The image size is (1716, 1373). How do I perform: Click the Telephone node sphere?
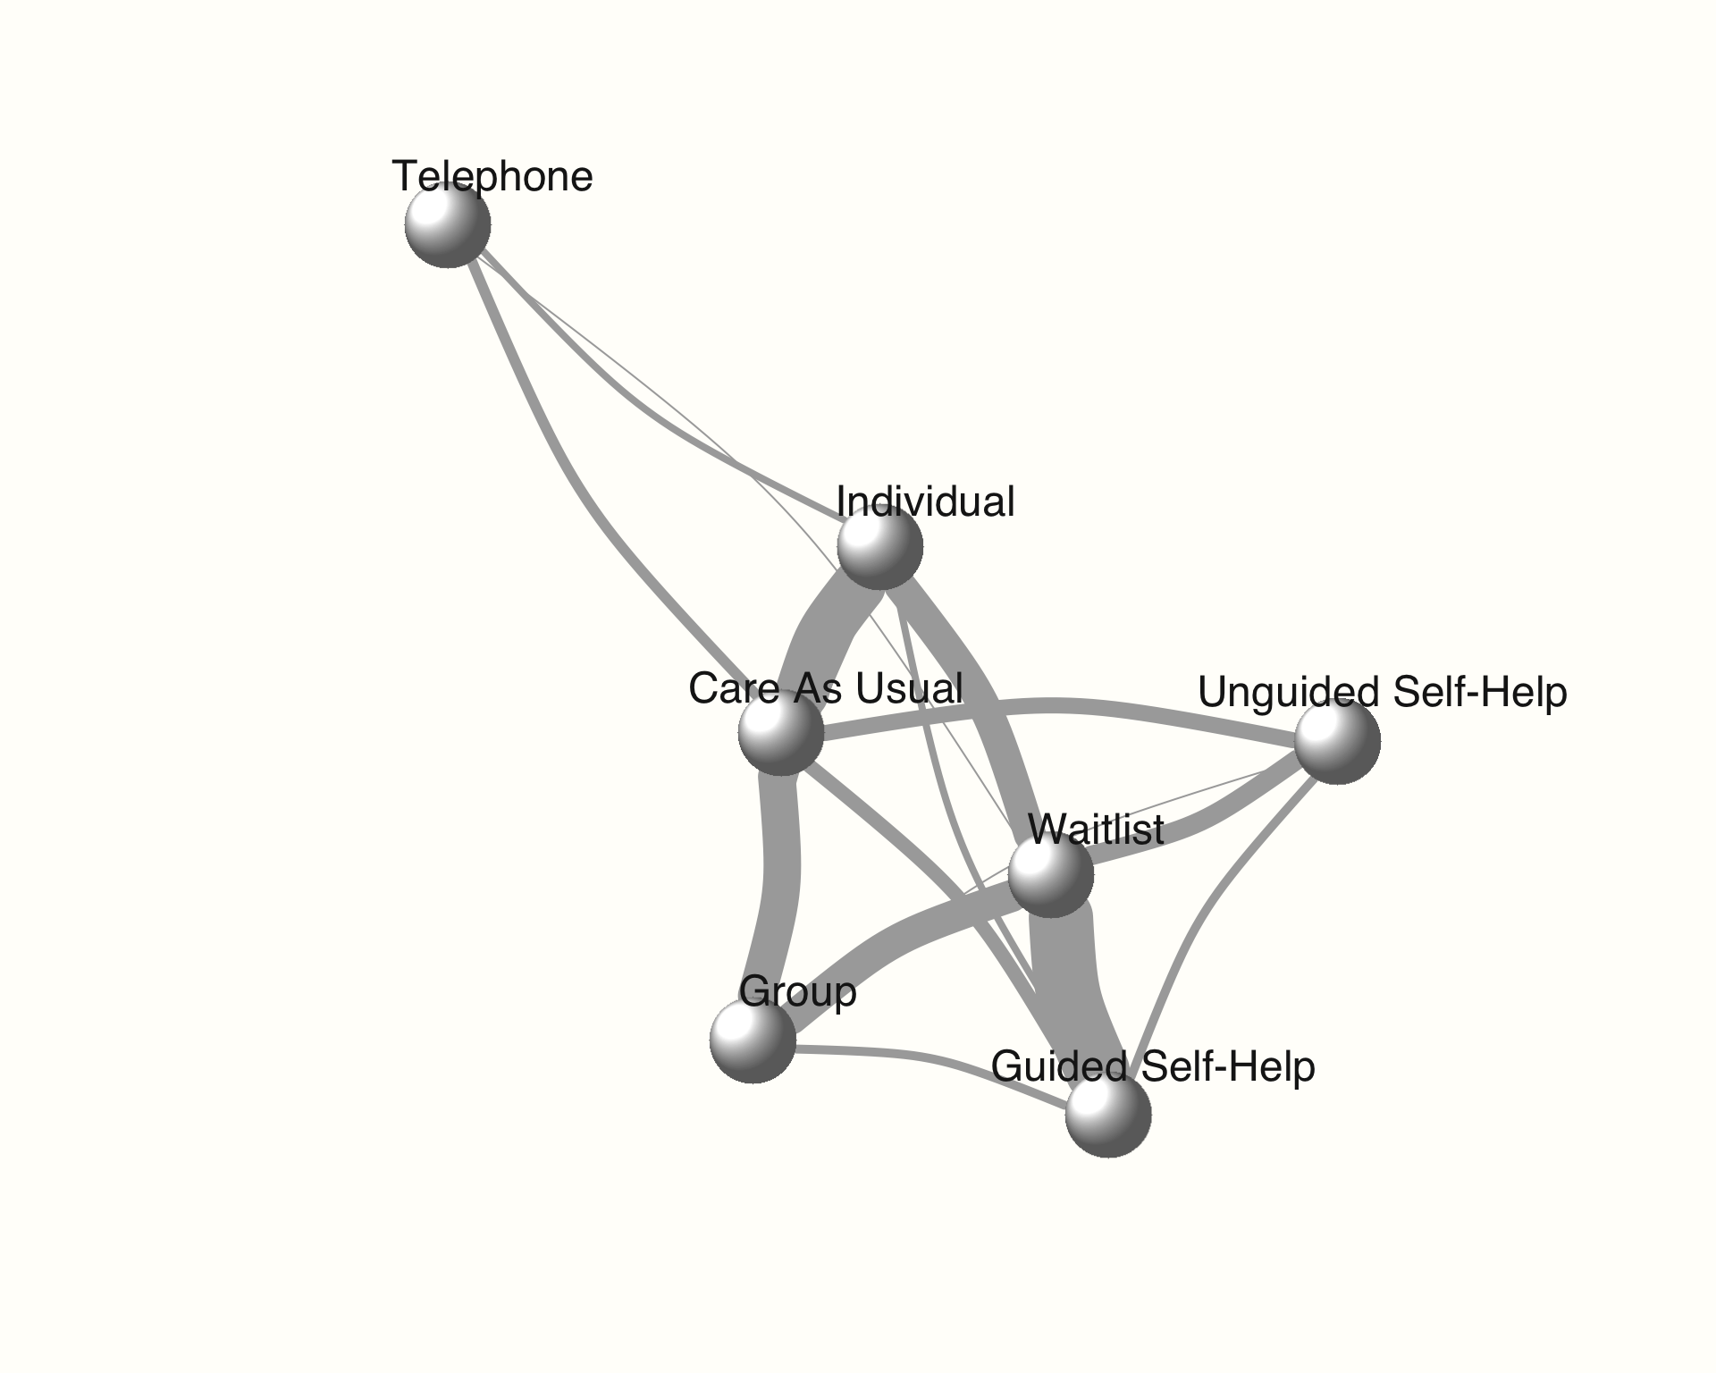[447, 224]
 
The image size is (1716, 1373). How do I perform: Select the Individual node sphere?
[879, 546]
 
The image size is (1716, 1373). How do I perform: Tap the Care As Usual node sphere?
[780, 733]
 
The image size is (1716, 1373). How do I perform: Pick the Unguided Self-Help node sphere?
[1337, 741]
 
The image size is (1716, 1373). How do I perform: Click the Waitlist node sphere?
[1050, 873]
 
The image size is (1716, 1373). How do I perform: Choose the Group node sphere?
[753, 1040]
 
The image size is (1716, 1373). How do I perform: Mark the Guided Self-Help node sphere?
[1107, 1114]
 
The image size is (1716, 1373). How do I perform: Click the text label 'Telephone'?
[492, 176]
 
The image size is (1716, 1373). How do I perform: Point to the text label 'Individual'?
[925, 501]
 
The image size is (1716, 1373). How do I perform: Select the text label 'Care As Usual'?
[825, 688]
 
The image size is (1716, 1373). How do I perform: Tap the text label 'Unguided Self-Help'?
[1382, 693]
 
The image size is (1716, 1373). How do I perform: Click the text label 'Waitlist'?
[1096, 830]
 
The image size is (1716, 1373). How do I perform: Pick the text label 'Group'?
[798, 992]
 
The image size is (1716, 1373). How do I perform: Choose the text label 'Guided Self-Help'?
[1153, 1066]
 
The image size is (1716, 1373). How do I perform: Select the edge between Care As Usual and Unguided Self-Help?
[1055, 706]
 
